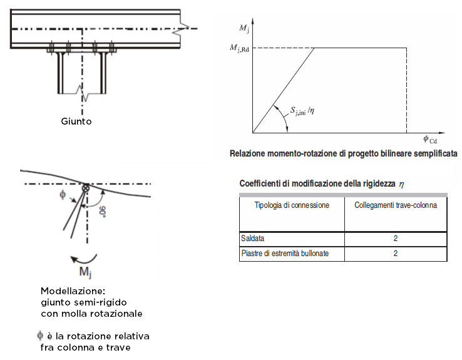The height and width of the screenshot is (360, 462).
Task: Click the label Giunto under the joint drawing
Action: pos(76,121)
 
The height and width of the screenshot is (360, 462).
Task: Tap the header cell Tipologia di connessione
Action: pos(292,205)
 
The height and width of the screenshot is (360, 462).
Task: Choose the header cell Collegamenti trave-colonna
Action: pos(396,205)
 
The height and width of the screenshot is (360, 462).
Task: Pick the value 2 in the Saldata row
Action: pos(396,239)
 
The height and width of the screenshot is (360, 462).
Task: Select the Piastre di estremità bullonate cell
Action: pos(285,254)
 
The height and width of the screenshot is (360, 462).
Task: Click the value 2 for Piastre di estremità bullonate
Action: pos(396,254)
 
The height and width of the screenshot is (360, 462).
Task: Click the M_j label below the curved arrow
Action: pos(83,272)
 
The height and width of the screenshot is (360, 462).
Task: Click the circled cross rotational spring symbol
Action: pos(86,187)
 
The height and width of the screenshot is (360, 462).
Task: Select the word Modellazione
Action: pos(68,292)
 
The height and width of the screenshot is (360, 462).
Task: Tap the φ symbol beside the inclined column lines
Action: pos(62,195)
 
